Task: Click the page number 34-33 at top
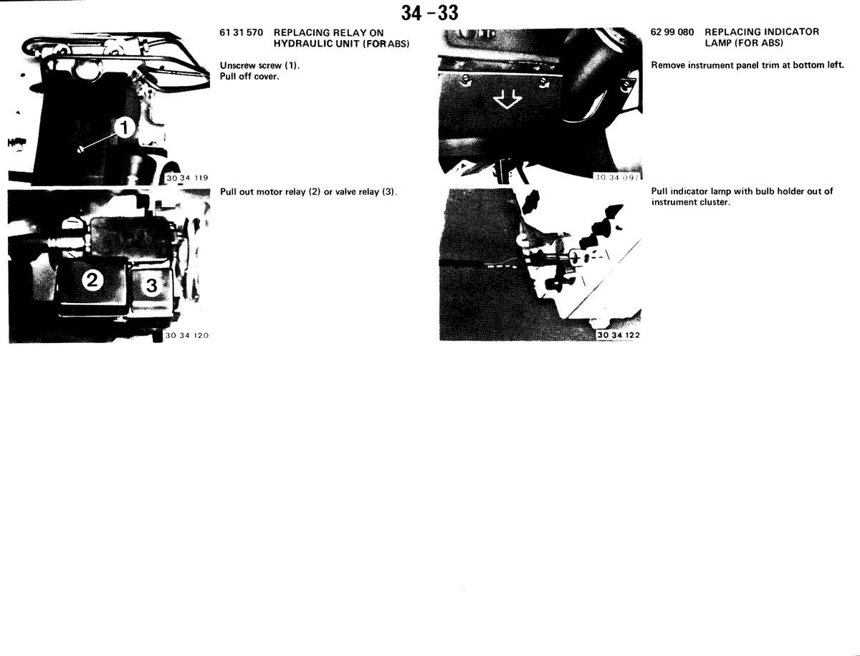(429, 14)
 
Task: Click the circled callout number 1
(124, 127)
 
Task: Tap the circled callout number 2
(92, 280)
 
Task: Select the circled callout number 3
(152, 285)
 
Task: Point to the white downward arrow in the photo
(507, 100)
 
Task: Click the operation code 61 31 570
(241, 32)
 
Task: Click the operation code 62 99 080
(672, 32)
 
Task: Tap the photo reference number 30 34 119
(187, 178)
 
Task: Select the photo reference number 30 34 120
(187, 335)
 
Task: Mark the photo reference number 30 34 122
(618, 334)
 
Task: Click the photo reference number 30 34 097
(617, 178)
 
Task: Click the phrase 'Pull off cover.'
(249, 77)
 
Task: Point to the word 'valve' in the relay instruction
(345, 192)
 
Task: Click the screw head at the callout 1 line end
(80, 149)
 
